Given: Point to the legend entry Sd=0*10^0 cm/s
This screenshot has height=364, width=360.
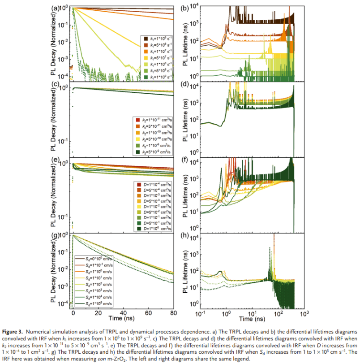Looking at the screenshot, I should coord(93,259).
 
